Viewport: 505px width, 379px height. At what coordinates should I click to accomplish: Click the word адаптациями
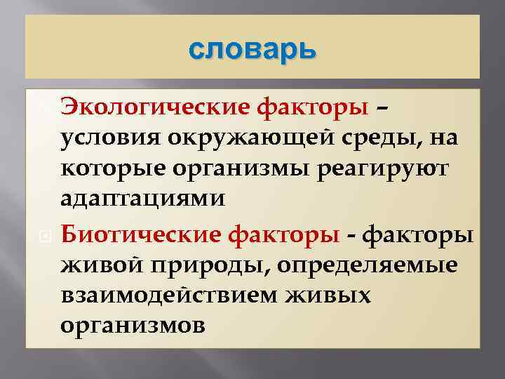click(x=143, y=199)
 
